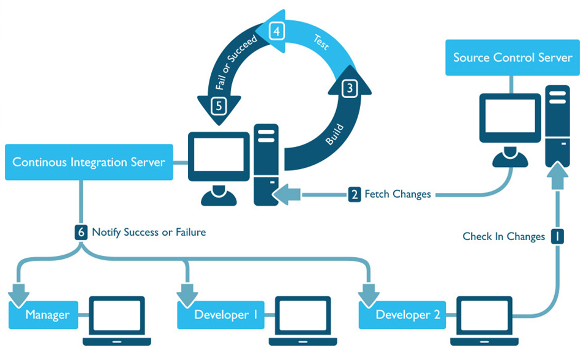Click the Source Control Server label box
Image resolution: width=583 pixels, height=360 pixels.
tap(513, 58)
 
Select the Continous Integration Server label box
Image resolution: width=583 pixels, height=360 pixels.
tap(89, 162)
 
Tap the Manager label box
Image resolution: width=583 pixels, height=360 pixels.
tap(43, 315)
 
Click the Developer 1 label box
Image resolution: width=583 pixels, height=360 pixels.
tap(221, 315)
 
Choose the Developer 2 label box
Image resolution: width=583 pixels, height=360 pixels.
tap(402, 315)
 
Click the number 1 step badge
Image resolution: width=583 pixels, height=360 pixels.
tap(557, 236)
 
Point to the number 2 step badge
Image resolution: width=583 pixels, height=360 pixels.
tap(355, 194)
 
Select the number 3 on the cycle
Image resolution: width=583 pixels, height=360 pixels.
tap(350, 88)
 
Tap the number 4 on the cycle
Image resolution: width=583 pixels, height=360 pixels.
tap(277, 31)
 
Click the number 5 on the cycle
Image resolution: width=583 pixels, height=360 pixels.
tap(219, 106)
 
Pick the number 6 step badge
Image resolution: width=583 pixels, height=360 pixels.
tap(81, 233)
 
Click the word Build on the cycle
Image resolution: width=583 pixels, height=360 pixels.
tap(334, 135)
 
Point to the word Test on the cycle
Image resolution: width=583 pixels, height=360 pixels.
tap(321, 42)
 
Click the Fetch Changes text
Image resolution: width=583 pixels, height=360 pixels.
tap(398, 194)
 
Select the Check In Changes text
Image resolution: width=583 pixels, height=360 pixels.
tap(504, 236)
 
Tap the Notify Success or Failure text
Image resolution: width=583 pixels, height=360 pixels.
tap(149, 232)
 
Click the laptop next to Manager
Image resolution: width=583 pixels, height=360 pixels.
tap(117, 321)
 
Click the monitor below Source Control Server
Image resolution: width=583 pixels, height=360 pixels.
tap(510, 118)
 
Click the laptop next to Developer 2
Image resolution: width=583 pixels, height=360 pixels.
tap(484, 321)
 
